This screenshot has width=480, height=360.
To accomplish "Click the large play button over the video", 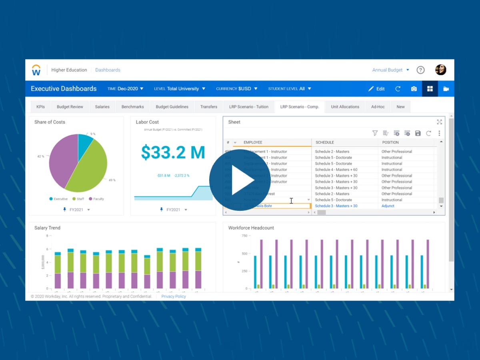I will [x=240, y=180].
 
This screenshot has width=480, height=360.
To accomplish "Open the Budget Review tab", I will [x=70, y=107].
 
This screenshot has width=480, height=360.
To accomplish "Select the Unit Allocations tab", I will [x=345, y=107].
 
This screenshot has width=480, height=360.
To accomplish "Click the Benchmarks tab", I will [x=133, y=107].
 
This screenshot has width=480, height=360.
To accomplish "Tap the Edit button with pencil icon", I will [x=376, y=89].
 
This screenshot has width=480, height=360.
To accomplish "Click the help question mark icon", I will [x=420, y=70].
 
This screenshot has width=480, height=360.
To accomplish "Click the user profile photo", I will [x=440, y=70].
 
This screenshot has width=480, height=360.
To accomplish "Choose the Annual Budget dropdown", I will [x=390, y=70].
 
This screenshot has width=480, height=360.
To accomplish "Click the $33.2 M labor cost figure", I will [x=173, y=152].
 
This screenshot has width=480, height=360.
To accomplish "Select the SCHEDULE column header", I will [x=324, y=142].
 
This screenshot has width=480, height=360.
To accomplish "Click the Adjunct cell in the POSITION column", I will [x=388, y=206].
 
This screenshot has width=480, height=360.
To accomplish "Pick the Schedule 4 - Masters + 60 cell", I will [x=336, y=170].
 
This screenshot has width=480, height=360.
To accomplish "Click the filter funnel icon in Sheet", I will [x=375, y=133].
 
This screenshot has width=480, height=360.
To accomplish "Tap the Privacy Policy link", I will [x=174, y=296].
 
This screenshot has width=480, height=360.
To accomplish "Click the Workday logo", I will [x=36, y=70].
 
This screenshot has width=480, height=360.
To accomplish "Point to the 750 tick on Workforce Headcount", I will [x=244, y=236].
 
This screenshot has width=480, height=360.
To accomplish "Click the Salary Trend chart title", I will [x=47, y=228].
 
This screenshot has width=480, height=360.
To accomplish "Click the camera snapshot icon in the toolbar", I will [x=414, y=89].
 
